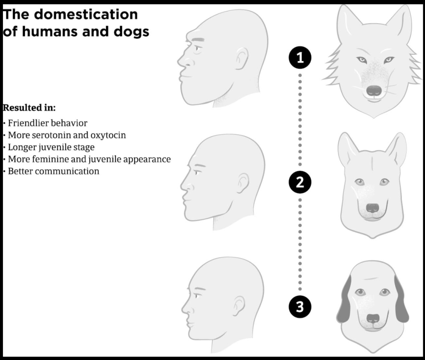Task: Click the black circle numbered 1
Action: point(300,58)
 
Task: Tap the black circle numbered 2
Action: point(300,182)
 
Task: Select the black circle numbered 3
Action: point(300,307)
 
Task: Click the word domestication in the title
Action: point(86,14)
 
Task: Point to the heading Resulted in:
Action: point(29,108)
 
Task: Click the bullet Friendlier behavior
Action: point(47,123)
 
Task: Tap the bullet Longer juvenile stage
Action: point(51,148)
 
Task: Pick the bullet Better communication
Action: point(53,171)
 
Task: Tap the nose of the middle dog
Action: point(373,208)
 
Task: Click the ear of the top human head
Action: point(241,59)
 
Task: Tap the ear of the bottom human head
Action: point(239,306)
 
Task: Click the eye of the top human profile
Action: point(197,49)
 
